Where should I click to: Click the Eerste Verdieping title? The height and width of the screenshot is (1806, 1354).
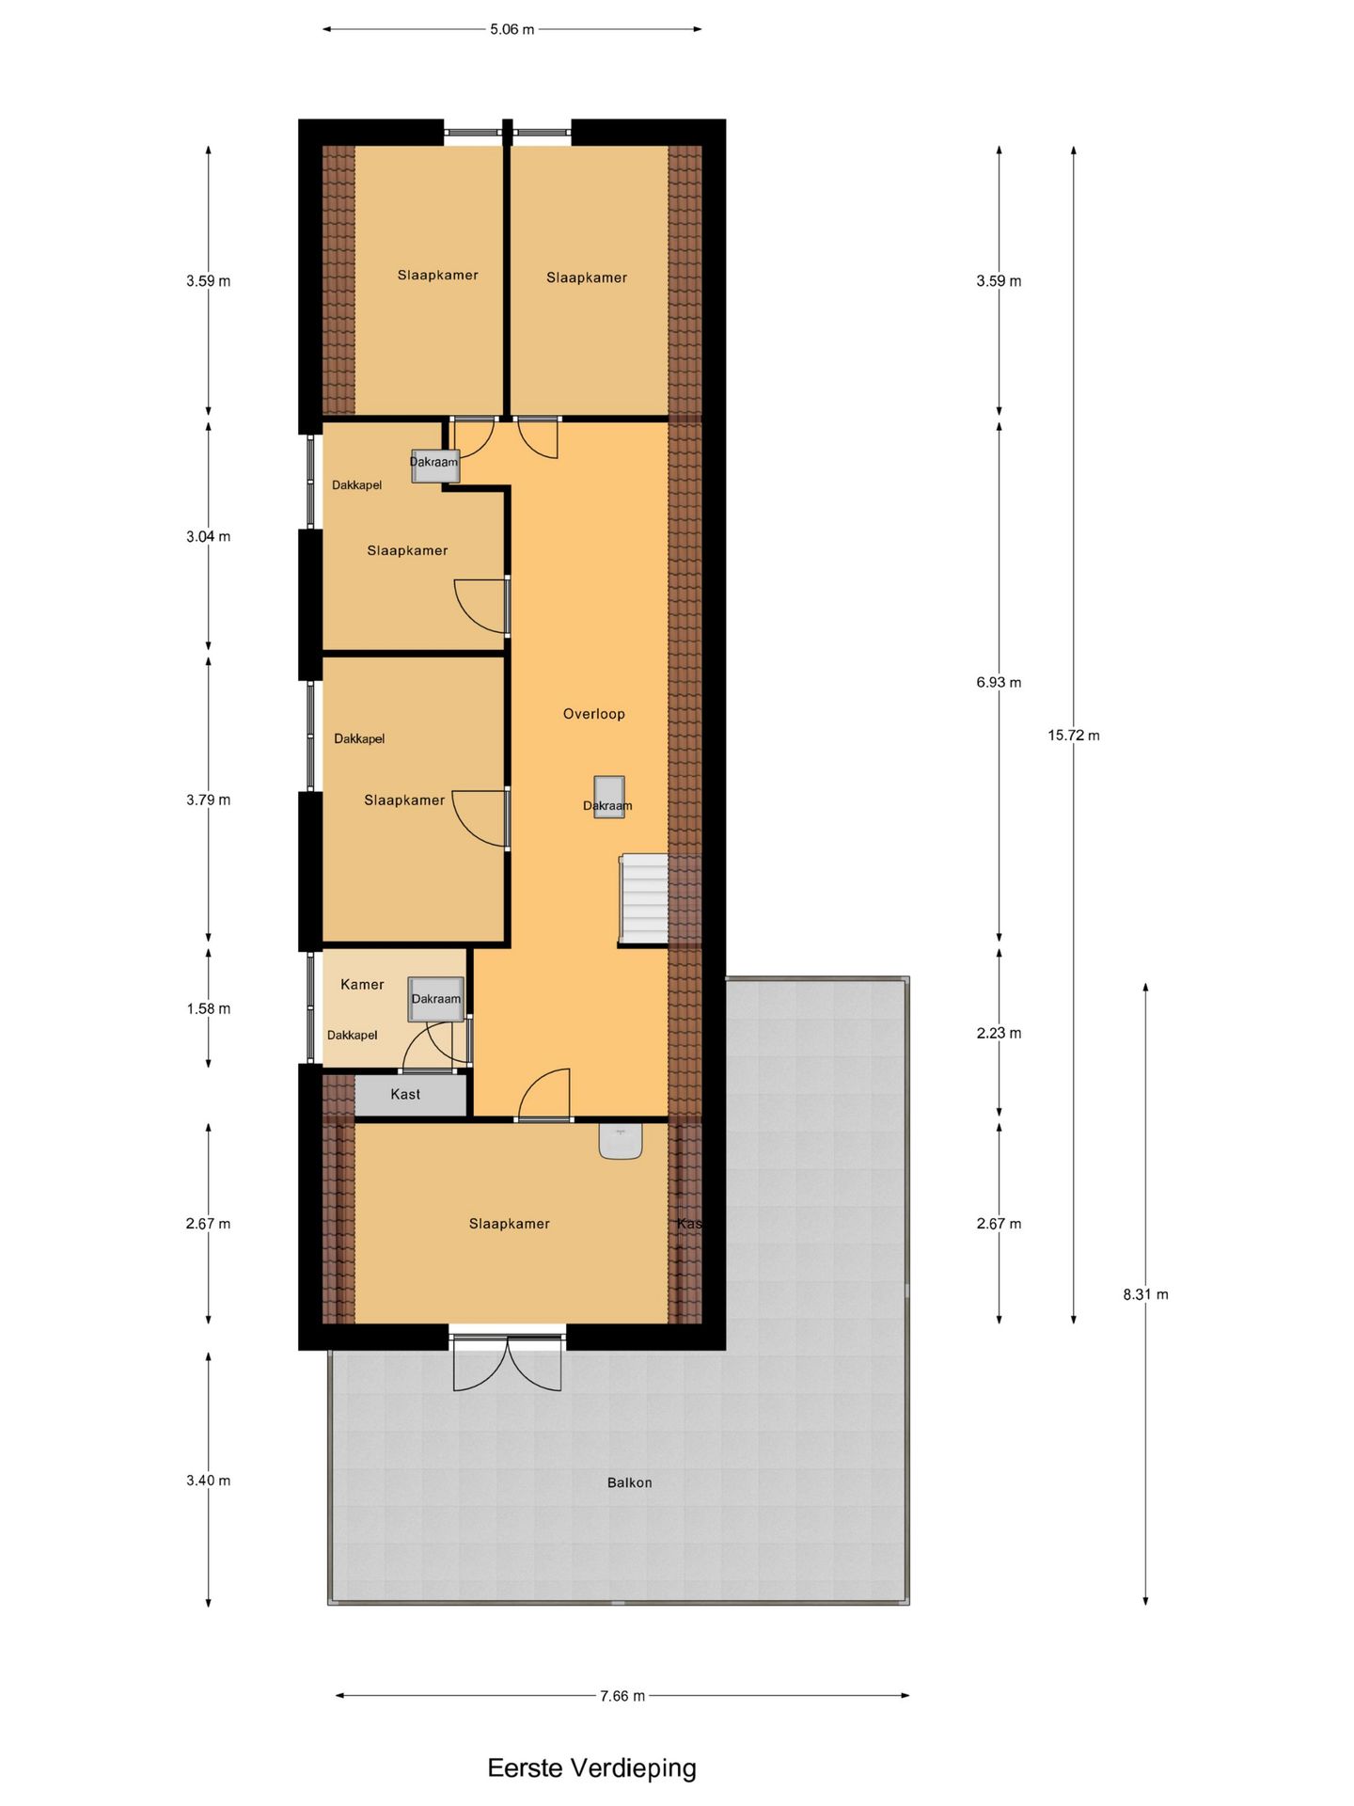591,1767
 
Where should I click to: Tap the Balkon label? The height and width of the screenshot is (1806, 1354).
629,1482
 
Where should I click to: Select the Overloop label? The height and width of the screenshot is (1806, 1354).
593,714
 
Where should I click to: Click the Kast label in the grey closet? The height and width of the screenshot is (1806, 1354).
405,1094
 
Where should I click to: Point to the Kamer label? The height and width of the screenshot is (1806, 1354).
362,985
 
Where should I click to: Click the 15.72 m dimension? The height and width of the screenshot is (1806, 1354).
1073,736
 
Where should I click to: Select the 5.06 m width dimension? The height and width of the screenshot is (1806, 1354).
512,29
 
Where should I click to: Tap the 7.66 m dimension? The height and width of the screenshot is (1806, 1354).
622,1696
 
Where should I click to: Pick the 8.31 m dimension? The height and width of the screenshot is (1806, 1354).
1145,1294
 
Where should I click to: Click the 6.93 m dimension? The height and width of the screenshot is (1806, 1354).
999,682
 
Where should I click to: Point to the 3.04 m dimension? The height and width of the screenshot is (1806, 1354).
208,536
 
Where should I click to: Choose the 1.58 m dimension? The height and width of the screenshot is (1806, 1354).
208,1008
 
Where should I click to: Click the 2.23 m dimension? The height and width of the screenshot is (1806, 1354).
999,1033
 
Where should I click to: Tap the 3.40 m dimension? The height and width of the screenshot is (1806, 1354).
208,1481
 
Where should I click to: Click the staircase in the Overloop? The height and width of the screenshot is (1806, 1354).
644,898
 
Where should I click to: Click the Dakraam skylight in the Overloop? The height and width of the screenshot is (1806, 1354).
608,797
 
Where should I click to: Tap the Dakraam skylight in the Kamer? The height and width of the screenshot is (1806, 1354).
436,999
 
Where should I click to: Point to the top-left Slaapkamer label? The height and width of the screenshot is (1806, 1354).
437,275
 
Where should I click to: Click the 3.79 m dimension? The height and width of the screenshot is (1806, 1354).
208,800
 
